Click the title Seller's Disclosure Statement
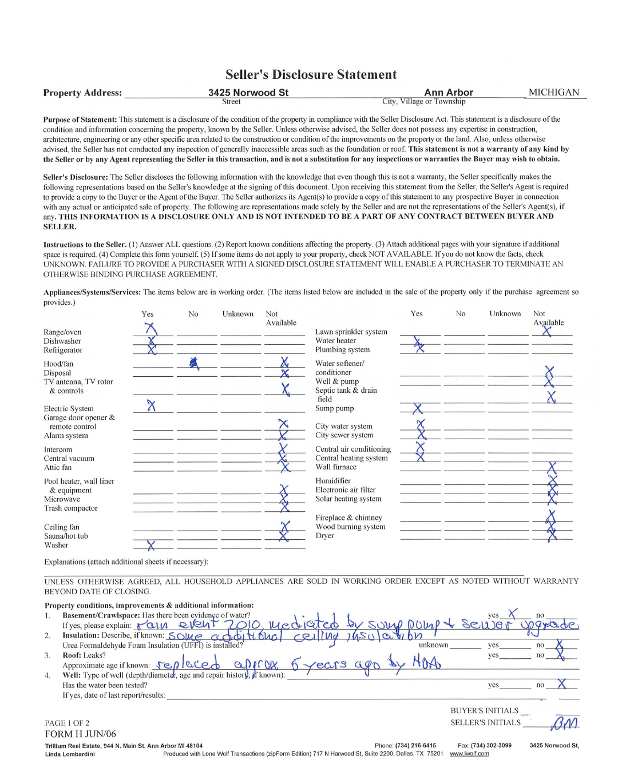point(311,75)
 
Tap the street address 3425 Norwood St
point(248,93)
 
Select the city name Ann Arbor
point(449,93)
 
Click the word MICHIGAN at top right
point(553,93)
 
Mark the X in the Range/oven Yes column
point(151,329)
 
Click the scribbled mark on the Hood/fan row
point(195,363)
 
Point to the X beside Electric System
point(151,406)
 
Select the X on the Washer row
point(150,546)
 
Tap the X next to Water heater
point(419,345)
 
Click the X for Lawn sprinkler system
point(547,331)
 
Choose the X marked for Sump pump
point(418,409)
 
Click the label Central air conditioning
point(353,449)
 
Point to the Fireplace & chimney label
point(348,518)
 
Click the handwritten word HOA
point(426,663)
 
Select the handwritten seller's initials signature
point(564,723)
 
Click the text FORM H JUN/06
point(81,734)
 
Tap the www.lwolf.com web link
point(469,754)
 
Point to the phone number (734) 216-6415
point(415,746)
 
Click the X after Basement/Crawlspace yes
point(513,614)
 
